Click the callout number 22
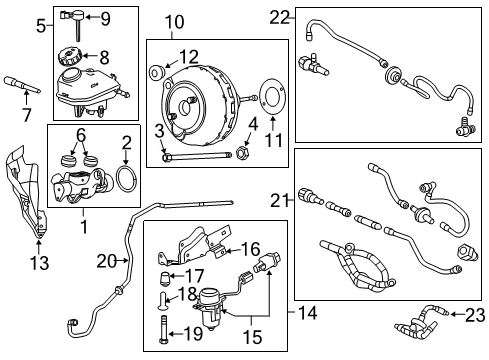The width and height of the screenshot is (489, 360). point(278,15)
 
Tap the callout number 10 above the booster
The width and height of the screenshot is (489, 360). point(174,21)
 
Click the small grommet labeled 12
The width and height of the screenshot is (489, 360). point(158,74)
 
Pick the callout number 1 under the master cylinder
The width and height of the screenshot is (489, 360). point(83,226)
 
